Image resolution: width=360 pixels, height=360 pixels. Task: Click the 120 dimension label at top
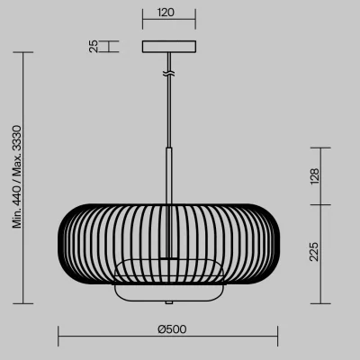click(166, 13)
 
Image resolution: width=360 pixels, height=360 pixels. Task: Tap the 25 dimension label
click(94, 46)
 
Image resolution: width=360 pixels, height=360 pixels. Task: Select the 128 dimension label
click(315, 176)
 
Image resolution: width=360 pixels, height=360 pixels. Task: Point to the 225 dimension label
click(314, 252)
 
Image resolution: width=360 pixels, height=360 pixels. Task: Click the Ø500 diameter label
click(172, 329)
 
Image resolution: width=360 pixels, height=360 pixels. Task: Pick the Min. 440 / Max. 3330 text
click(17, 177)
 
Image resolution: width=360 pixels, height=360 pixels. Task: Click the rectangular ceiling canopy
click(169, 47)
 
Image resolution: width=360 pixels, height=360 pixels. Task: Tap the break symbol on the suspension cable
click(169, 73)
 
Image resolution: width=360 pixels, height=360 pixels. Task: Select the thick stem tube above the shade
click(169, 175)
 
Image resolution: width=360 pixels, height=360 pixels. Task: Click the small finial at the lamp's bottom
click(169, 302)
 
